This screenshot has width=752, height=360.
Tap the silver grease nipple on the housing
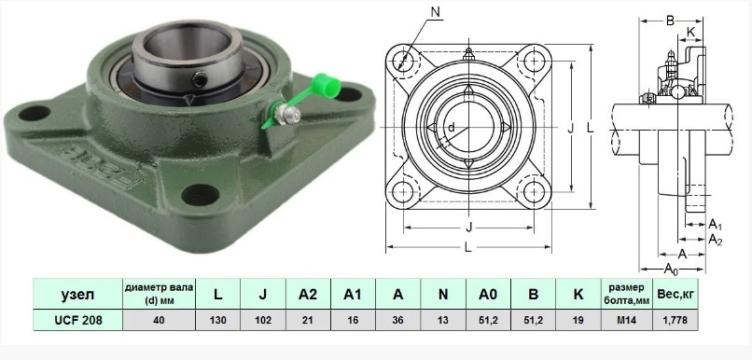coord(289,115)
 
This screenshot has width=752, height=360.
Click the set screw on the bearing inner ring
coord(200,79)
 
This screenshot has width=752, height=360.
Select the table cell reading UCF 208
coord(78,320)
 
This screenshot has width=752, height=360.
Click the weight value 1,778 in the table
coord(675,320)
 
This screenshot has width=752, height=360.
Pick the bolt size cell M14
coord(626,320)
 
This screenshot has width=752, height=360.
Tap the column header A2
coord(308,294)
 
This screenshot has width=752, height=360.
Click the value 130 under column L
coord(217,320)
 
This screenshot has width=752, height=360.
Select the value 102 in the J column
coord(263,320)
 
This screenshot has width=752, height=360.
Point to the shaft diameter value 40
coord(159,320)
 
